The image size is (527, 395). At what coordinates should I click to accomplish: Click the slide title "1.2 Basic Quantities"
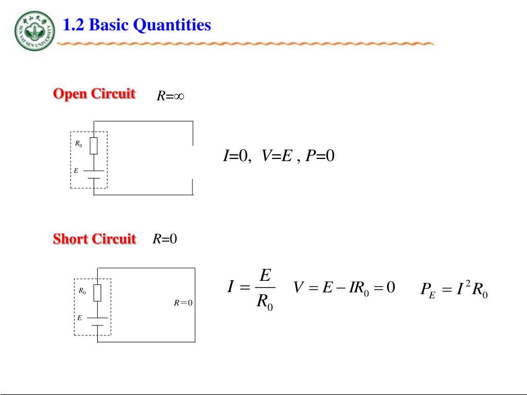[137, 25]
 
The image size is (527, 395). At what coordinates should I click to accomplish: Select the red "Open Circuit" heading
[94, 94]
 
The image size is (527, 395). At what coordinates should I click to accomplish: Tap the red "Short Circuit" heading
[95, 239]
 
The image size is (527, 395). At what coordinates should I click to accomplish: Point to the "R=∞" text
[170, 96]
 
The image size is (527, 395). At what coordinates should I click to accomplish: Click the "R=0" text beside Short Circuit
[165, 239]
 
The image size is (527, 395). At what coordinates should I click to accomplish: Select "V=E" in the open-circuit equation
[276, 156]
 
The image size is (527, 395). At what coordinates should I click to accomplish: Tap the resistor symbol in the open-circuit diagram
[94, 146]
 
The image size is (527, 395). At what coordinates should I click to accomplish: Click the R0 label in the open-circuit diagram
[78, 144]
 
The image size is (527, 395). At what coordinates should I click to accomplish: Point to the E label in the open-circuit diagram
[76, 170]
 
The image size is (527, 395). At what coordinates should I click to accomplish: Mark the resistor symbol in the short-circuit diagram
[97, 293]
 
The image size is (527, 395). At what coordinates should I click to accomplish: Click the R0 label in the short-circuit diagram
[82, 291]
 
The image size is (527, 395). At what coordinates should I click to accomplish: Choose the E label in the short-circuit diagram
[79, 318]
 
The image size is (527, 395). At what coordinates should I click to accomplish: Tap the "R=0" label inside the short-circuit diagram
[183, 303]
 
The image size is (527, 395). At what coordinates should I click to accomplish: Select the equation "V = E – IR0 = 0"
[344, 288]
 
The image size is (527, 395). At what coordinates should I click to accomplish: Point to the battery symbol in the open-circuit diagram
[94, 175]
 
